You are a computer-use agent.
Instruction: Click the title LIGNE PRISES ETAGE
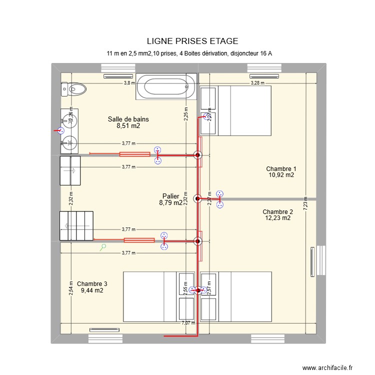tap(192, 41)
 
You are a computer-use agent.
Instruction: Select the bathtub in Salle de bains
tap(166, 86)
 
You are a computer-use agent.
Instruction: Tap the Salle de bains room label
tap(128, 119)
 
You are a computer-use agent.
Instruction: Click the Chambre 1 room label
tap(281, 168)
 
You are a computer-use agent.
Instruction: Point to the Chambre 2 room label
tap(277, 211)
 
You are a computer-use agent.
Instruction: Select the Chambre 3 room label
tap(92, 283)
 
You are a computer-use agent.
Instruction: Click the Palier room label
tap(171, 196)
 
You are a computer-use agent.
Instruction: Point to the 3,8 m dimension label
tap(129, 83)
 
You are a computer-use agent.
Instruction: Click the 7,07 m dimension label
tap(188, 323)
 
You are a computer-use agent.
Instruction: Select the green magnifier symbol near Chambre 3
tap(103, 246)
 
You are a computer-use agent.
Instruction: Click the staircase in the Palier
tap(76, 225)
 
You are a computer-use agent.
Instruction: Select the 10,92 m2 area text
tap(281, 175)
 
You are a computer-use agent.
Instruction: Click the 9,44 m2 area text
tap(92, 290)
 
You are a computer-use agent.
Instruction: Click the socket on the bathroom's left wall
tap(60, 131)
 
